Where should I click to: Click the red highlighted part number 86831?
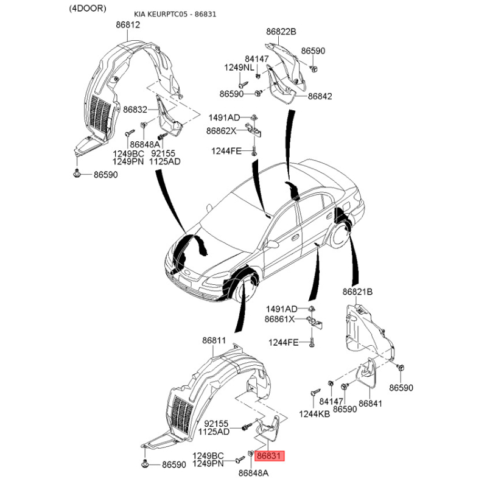(269, 456)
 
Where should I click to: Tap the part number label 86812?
(128, 24)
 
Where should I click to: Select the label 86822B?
(281, 32)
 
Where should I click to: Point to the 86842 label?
(320, 96)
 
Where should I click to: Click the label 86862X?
(221, 131)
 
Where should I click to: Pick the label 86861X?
(279, 319)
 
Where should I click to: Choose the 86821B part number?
(357, 292)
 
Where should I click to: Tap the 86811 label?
(214, 340)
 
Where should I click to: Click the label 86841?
(370, 404)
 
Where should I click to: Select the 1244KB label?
(314, 414)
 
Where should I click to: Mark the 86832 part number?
(135, 110)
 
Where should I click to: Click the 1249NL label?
(239, 68)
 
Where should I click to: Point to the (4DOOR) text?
(87, 9)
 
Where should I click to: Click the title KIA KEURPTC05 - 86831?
(175, 14)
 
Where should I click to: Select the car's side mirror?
(272, 244)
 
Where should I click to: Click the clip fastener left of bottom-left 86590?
(145, 464)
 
